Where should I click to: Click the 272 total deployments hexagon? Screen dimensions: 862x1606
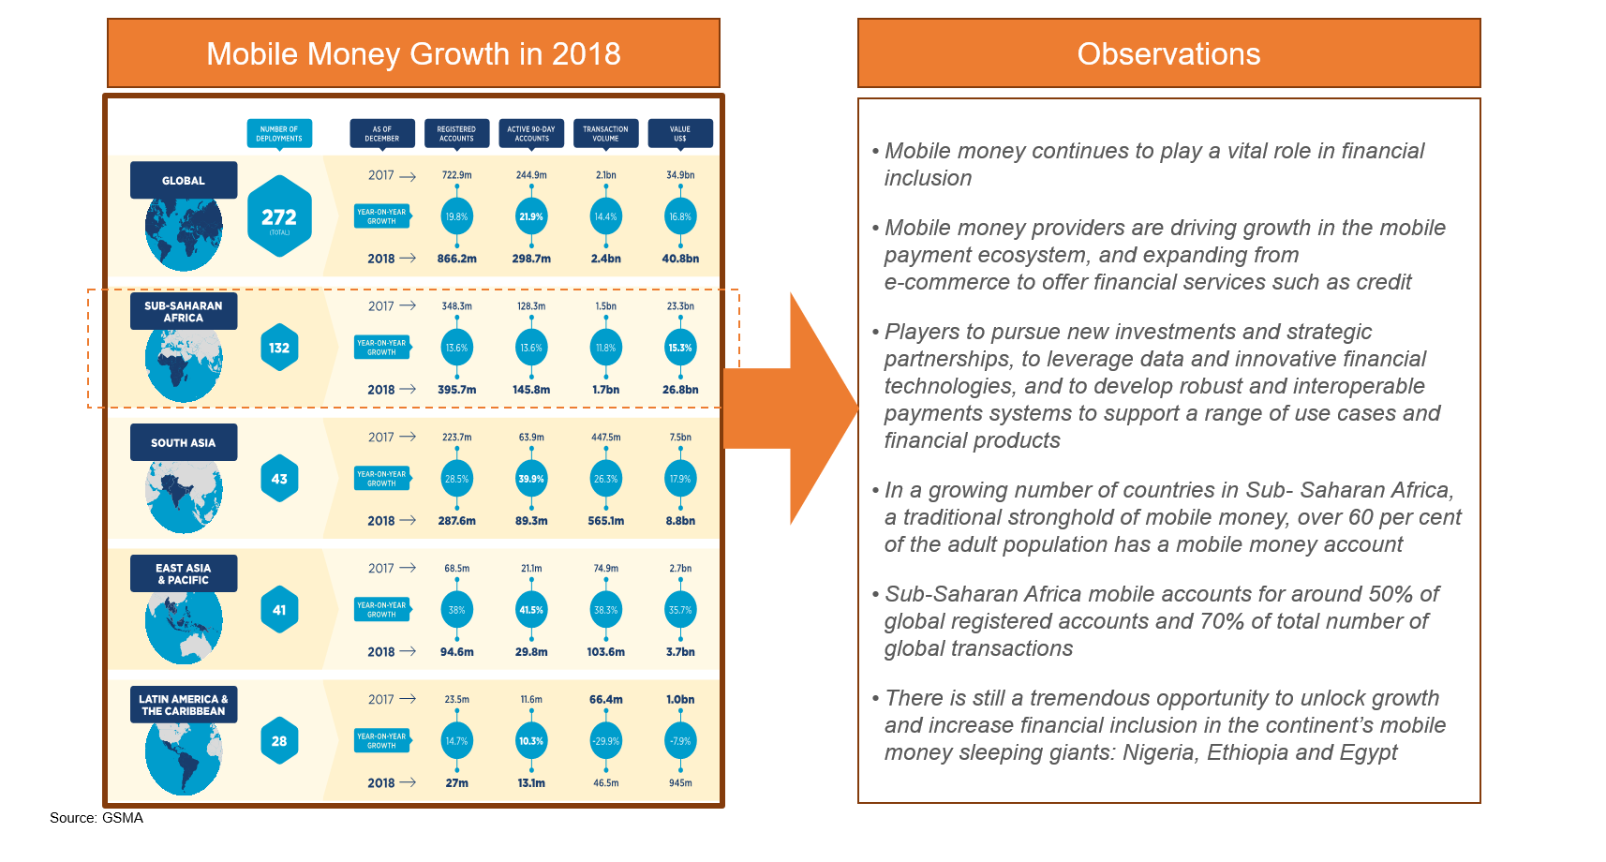tap(279, 216)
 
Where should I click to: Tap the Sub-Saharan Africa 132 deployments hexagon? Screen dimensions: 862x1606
tap(279, 348)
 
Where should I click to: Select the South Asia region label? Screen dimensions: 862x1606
tap(184, 442)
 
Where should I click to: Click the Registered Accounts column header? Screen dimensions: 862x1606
tap(456, 133)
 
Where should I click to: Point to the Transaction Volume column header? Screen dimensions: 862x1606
tap(605, 133)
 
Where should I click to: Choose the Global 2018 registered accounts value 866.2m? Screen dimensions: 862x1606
tap(456, 259)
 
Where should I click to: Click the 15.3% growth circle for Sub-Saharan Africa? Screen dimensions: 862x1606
tap(680, 348)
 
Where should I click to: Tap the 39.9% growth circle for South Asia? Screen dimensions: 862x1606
tap(531, 479)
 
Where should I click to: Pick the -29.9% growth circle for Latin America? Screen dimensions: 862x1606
tap(605, 741)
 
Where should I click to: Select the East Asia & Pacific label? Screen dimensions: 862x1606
tap(184, 573)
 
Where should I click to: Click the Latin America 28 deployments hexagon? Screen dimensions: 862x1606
tap(279, 741)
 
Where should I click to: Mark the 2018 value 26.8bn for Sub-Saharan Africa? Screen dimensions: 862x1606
tap(680, 390)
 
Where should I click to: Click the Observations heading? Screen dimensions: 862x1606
tap(1168, 53)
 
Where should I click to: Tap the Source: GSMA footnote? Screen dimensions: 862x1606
tap(97, 818)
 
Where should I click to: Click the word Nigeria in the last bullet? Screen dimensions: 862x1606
tap(1156, 752)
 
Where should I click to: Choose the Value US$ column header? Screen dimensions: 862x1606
tap(680, 133)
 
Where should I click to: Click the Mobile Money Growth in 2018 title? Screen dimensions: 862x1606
tap(413, 53)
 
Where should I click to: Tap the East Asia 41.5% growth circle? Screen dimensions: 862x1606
tap(531, 610)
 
